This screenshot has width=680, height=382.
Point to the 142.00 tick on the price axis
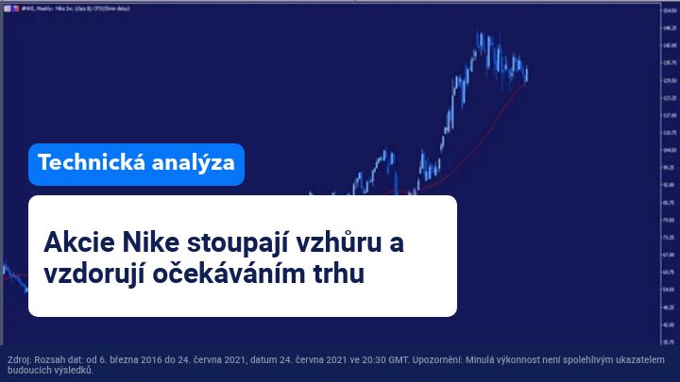[x=669, y=44]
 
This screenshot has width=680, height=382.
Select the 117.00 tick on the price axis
[x=669, y=115]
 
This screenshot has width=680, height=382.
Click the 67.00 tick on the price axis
[x=669, y=255]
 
